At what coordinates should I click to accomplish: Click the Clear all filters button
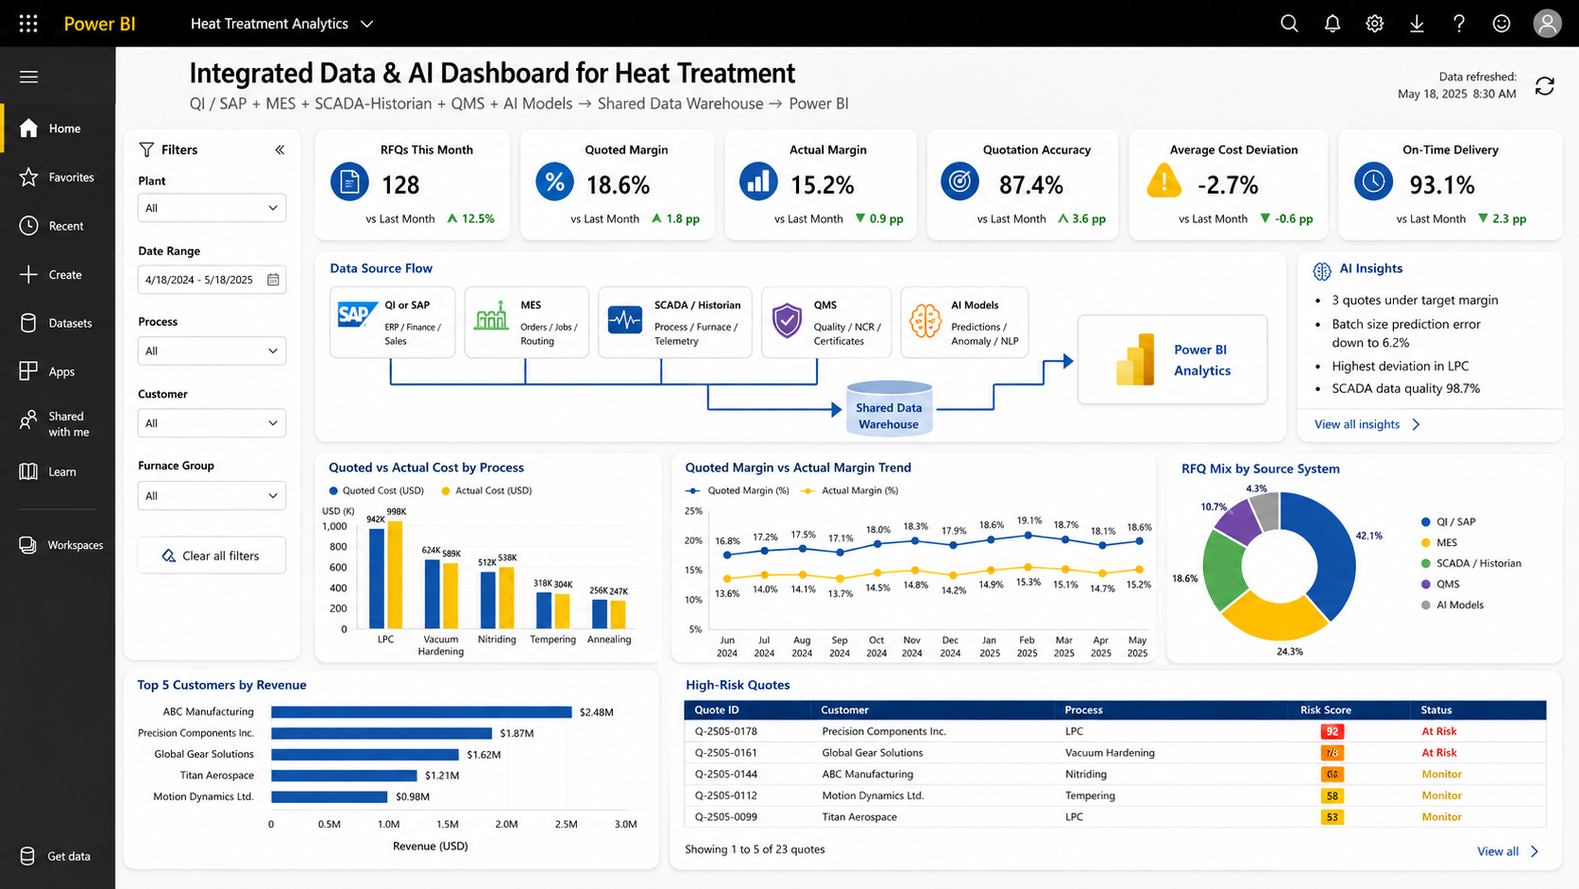212,556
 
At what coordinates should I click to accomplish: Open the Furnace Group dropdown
212,496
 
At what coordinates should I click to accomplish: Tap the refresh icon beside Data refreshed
1544,86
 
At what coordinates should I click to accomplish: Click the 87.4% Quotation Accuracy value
1030,185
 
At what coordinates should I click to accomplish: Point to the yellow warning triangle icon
1163,180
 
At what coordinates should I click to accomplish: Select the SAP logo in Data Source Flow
357,315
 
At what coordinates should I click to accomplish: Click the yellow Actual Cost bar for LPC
395,574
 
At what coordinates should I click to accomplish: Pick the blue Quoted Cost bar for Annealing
599,614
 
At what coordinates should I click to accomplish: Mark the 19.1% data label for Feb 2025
1029,521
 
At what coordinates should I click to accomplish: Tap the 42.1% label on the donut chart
1369,536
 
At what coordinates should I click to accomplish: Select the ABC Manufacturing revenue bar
421,712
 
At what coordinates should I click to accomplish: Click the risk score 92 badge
1332,731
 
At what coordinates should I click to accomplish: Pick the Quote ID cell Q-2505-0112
725,795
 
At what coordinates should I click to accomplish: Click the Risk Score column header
1325,709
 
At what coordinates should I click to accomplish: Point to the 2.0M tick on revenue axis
506,824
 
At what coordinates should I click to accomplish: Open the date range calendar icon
273,280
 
